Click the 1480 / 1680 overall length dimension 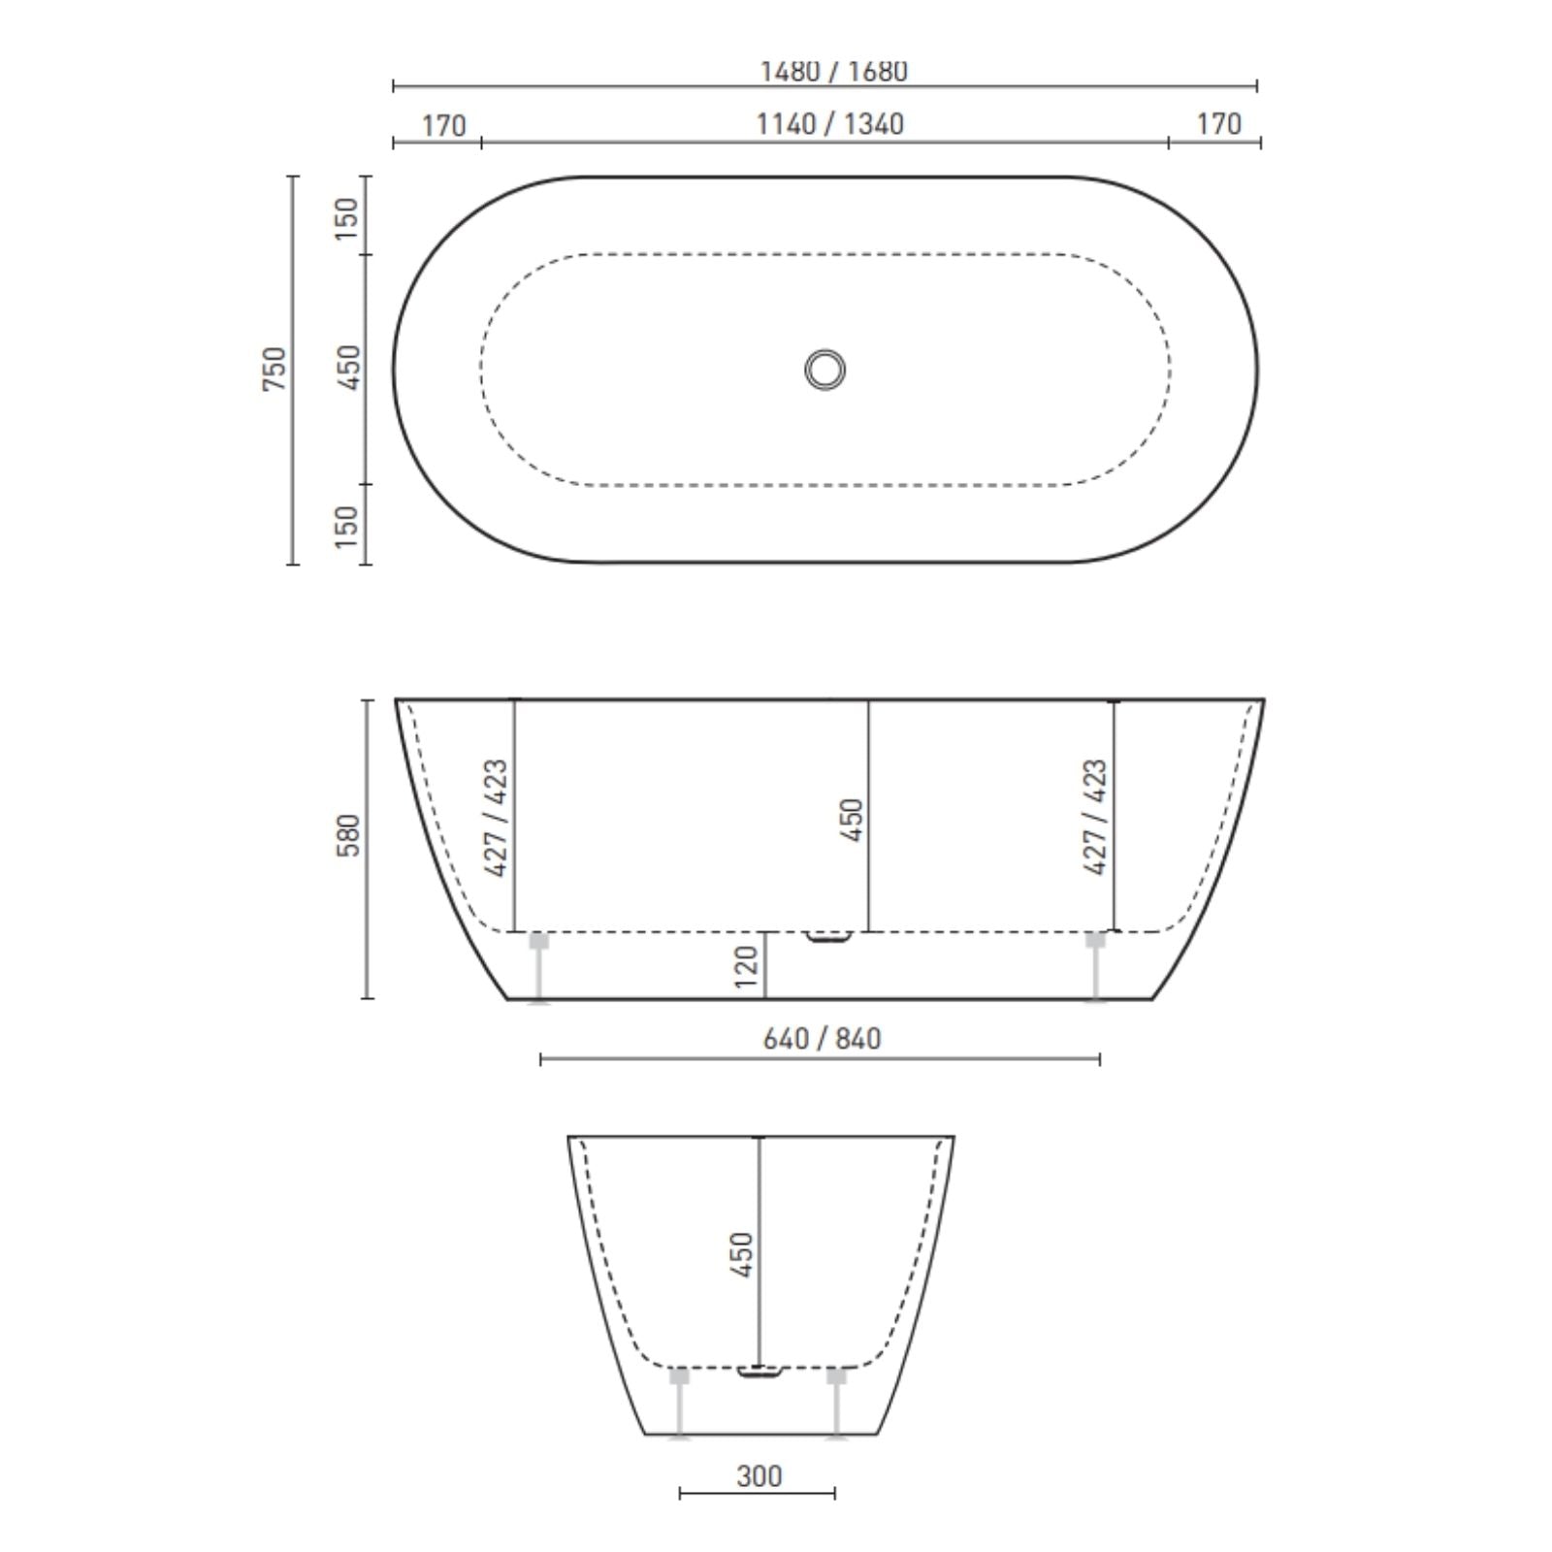(x=832, y=72)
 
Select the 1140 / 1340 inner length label (x=829, y=124)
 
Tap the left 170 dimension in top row (x=443, y=126)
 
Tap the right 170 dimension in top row (x=1218, y=124)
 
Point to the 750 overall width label (x=275, y=369)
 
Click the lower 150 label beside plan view (x=347, y=526)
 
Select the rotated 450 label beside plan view (x=347, y=368)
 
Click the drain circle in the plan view (x=824, y=370)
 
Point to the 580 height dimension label (x=349, y=835)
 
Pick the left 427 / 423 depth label (x=496, y=818)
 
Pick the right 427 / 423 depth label (x=1095, y=818)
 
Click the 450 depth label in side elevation (x=853, y=820)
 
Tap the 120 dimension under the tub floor (x=746, y=967)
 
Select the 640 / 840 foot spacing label (x=822, y=1039)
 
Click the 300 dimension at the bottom (x=759, y=1476)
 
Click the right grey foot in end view (x=836, y=1402)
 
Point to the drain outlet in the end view (x=759, y=1373)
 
